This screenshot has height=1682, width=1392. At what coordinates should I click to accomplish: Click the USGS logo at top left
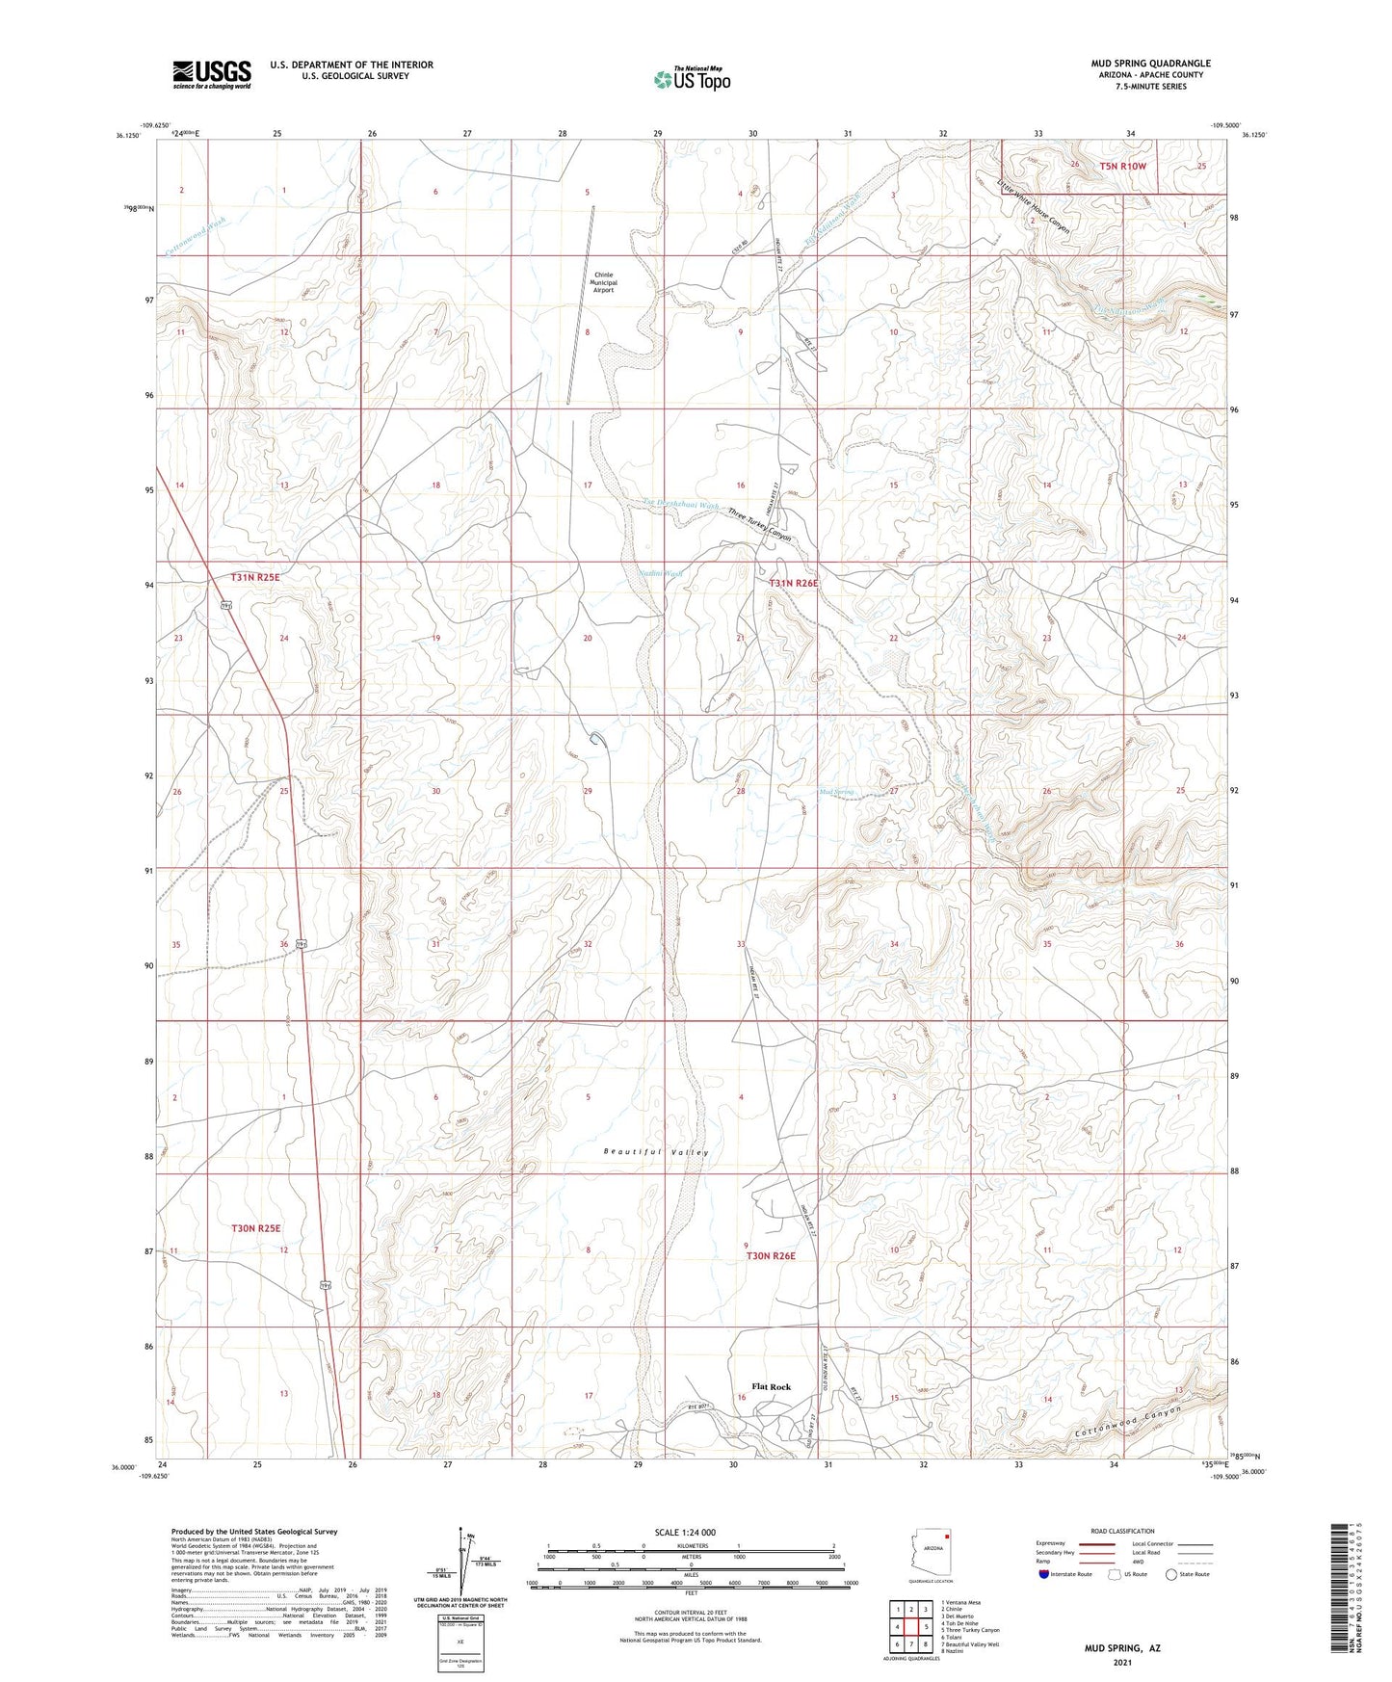[x=212, y=74]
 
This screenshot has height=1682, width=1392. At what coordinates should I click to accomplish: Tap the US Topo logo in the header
[x=692, y=79]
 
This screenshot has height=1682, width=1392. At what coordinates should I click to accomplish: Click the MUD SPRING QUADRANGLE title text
[x=1150, y=64]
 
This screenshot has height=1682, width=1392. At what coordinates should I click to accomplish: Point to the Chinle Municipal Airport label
[x=603, y=281]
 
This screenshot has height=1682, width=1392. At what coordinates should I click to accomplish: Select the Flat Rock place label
[x=771, y=1386]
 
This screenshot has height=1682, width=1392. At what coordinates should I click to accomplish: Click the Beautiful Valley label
[x=656, y=1152]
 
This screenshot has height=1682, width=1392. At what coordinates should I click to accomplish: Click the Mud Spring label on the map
[x=835, y=792]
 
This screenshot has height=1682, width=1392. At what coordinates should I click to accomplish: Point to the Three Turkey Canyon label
[x=759, y=524]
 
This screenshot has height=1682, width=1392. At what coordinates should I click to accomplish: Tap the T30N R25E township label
[x=255, y=1228]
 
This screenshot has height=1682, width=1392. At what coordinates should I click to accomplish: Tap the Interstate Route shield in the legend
[x=1045, y=1574]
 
